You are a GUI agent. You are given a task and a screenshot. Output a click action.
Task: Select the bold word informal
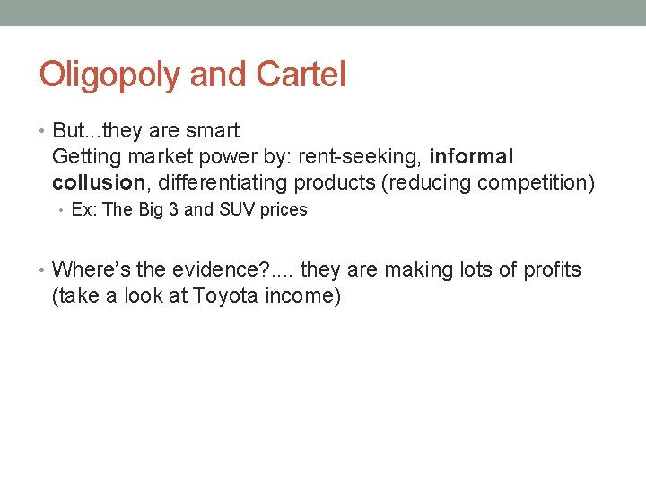[x=471, y=157]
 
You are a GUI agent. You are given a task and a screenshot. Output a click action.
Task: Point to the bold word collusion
[x=98, y=183]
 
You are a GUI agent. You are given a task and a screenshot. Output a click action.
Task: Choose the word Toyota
[x=226, y=296]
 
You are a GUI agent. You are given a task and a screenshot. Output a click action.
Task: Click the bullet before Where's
[x=43, y=270]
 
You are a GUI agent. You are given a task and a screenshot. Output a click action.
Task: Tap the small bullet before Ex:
[x=62, y=210]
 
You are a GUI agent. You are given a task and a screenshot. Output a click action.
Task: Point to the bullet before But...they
[x=43, y=131]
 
